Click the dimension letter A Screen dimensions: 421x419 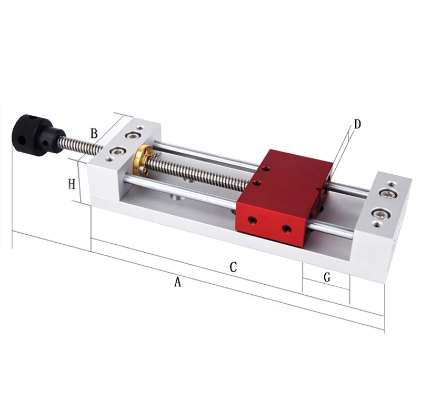tap(178, 282)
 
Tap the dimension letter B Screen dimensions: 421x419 tap(94, 134)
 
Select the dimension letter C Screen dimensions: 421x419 tap(233, 267)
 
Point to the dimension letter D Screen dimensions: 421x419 tap(357, 124)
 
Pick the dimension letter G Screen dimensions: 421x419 tap(327, 277)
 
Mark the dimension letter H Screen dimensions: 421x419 tap(72, 184)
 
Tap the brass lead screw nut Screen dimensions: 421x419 tap(143, 159)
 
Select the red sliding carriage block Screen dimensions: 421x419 tap(284, 198)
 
